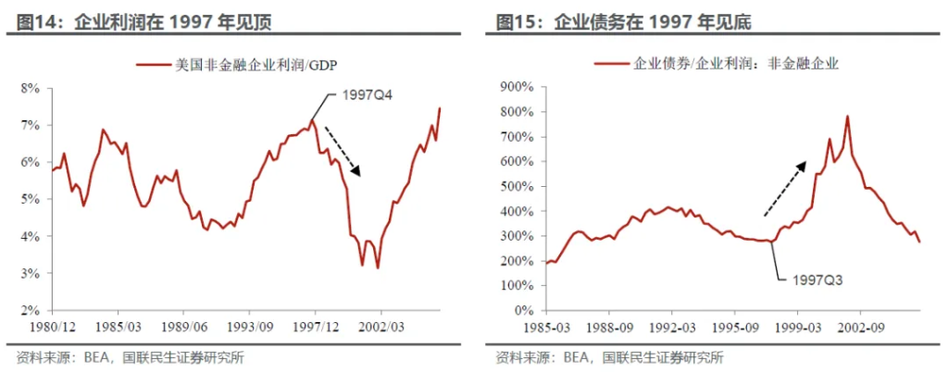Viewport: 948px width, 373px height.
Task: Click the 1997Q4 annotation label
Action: [x=368, y=95]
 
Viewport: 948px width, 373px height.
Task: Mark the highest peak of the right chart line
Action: [x=847, y=117]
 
